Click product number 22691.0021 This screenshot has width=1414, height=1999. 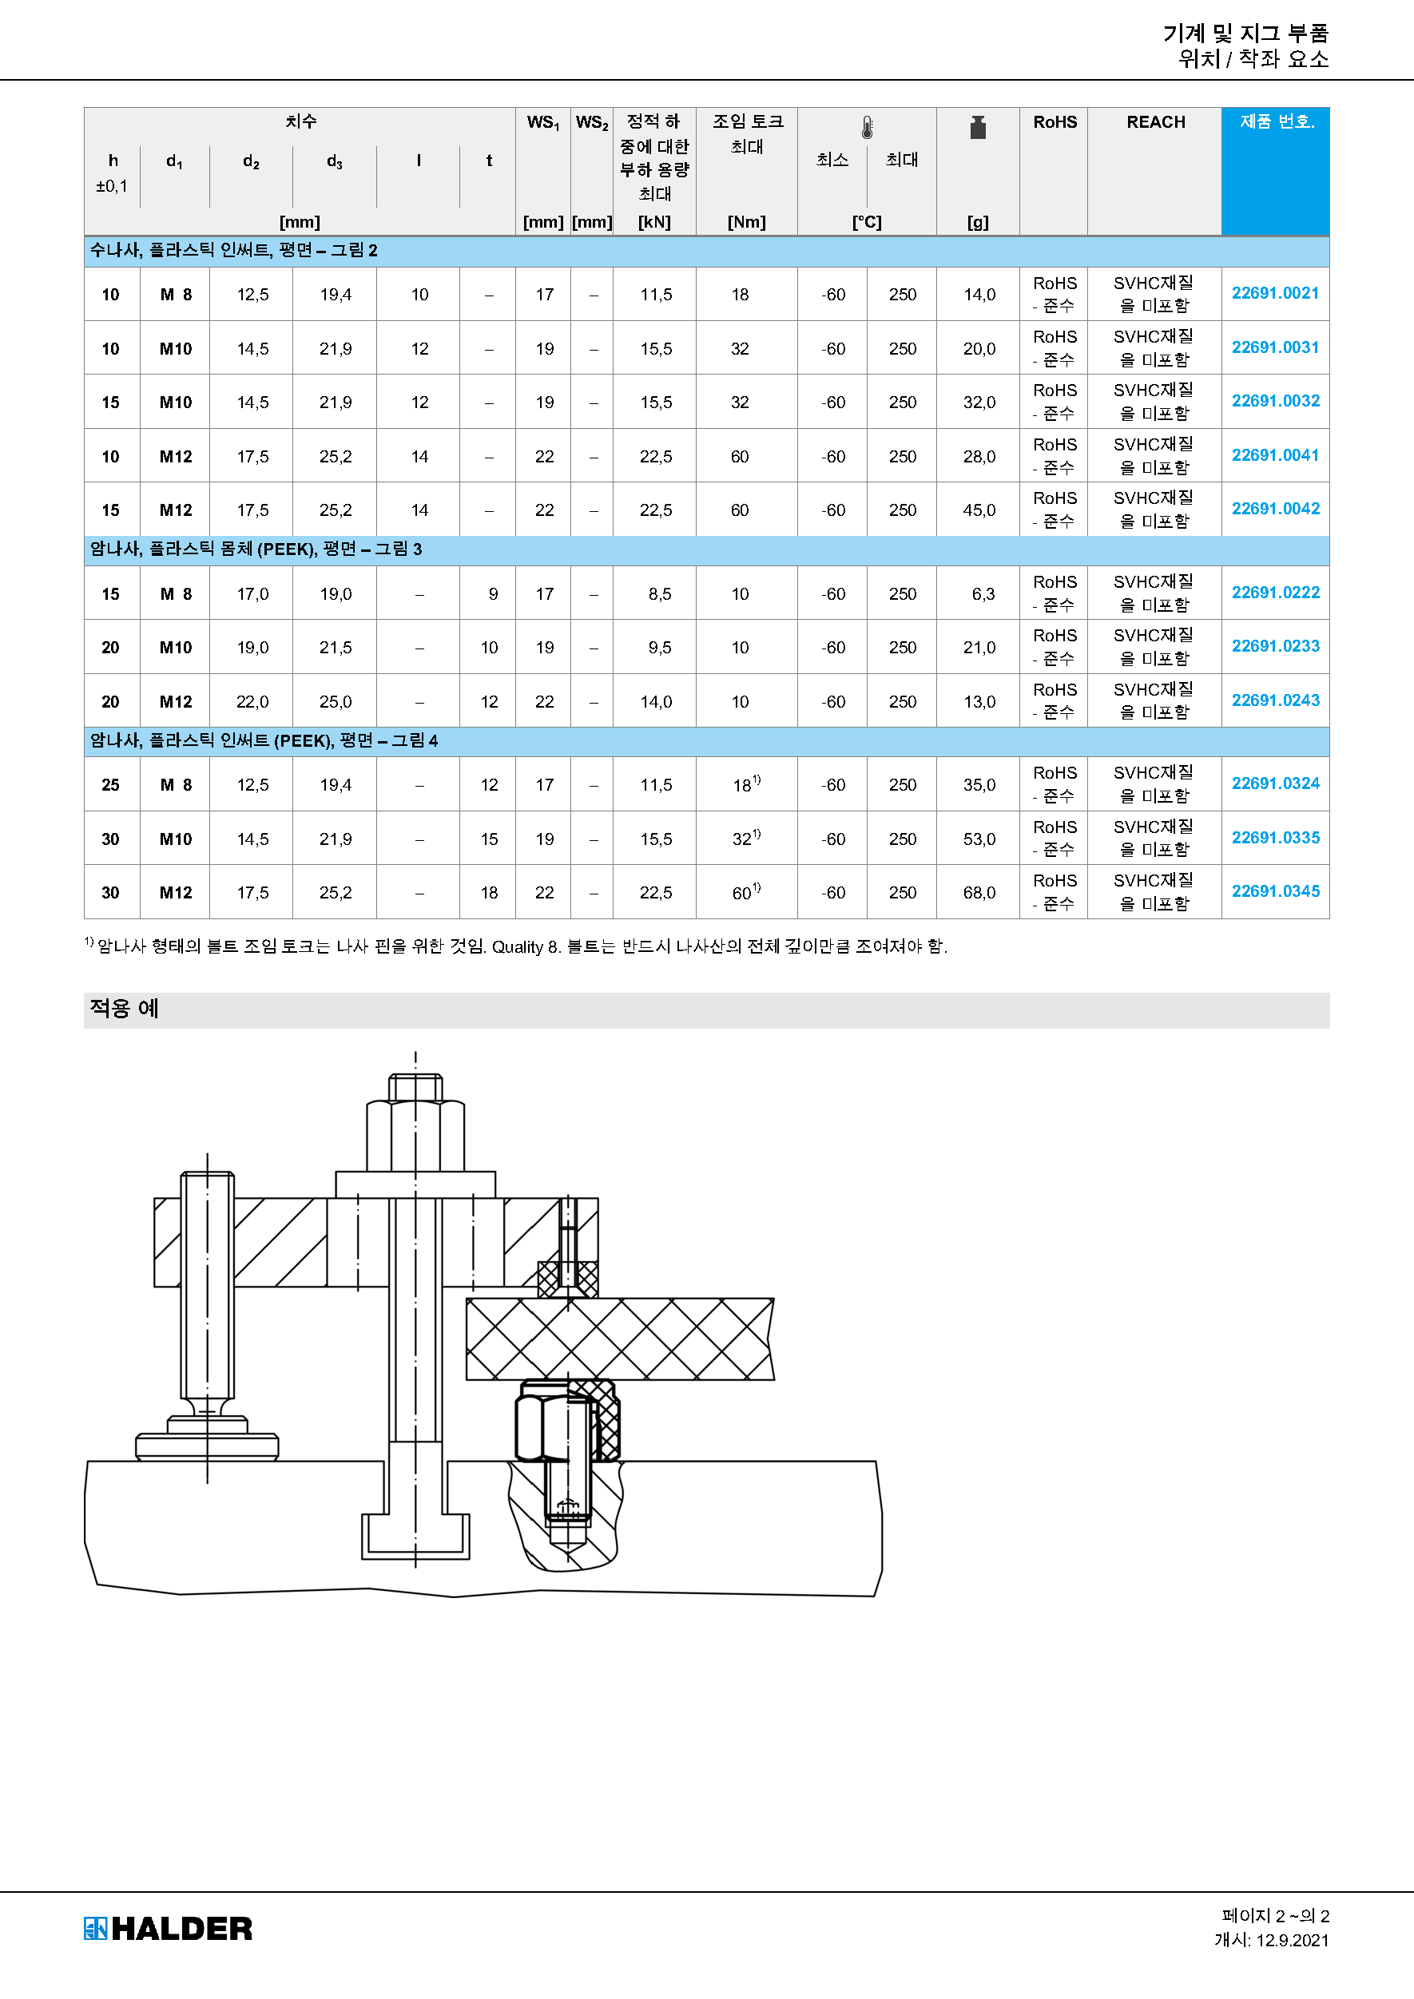click(1275, 293)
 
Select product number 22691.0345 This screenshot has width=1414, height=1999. click(1275, 890)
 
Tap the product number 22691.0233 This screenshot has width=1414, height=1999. click(1275, 646)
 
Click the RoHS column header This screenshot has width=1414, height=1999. click(1055, 122)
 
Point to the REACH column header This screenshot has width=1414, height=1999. click(1155, 122)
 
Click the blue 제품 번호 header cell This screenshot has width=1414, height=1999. click(1276, 171)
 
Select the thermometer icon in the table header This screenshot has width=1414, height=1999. click(868, 128)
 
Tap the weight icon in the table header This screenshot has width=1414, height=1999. click(978, 128)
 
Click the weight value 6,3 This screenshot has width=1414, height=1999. click(983, 593)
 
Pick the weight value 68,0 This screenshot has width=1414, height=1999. click(979, 892)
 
